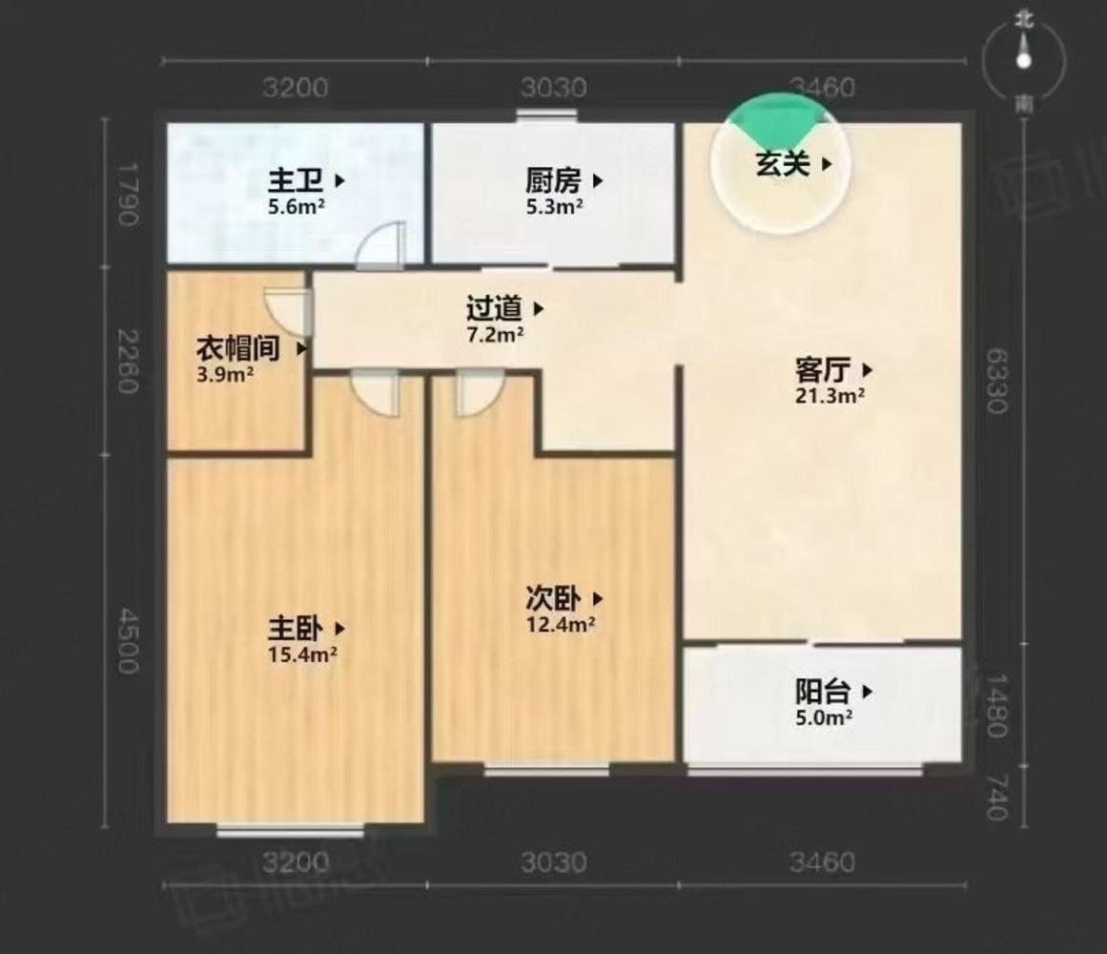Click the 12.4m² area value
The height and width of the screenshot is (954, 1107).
click(x=561, y=626)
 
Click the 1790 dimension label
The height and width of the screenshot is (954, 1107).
click(x=128, y=195)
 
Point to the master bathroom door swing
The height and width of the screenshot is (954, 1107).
click(x=381, y=245)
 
